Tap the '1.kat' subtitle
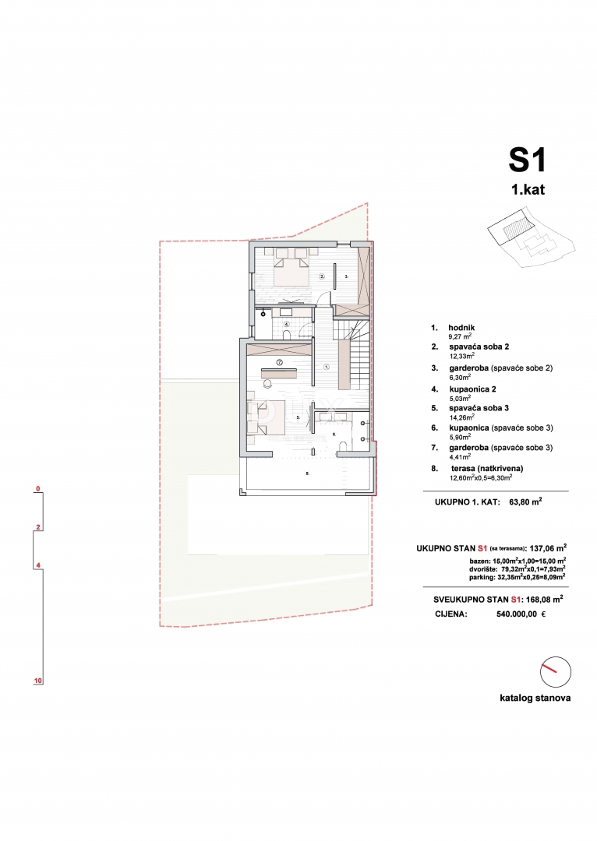[528, 189]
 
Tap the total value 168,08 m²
[542, 600]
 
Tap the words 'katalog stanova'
[535, 698]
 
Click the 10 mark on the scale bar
[37, 681]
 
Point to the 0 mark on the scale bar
[37, 490]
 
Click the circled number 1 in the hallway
[326, 366]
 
